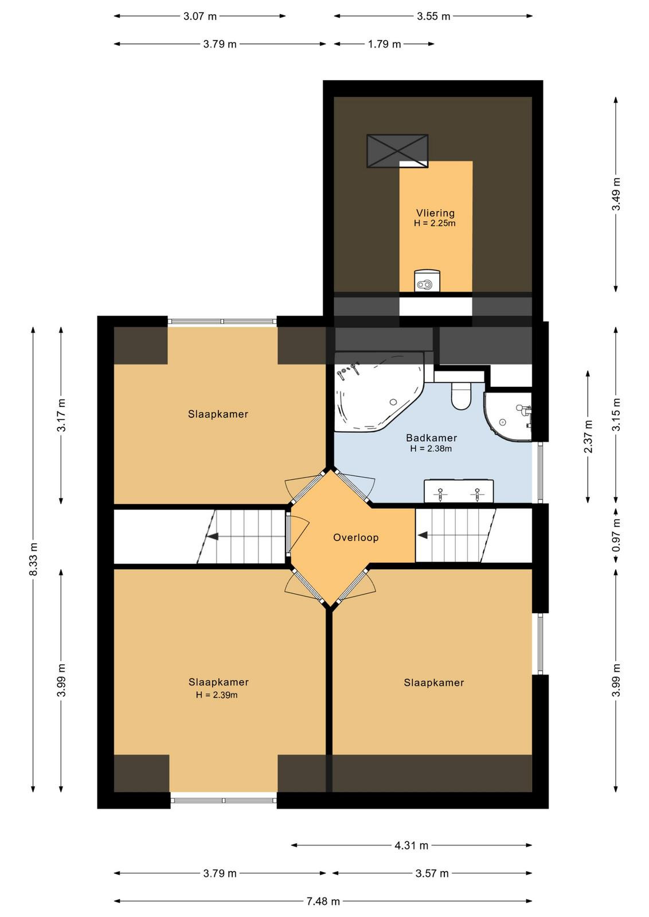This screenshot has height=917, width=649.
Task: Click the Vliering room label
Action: pos(435,213)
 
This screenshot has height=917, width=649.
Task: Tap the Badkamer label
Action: pos(431,438)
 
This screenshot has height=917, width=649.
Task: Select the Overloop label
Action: pos(355,538)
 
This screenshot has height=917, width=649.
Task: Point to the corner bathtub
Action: pos(374,393)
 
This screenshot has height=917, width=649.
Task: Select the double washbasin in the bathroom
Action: pos(458,491)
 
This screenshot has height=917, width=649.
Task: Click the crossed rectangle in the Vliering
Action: pos(397,150)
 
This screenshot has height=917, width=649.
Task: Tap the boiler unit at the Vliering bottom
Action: pos(427,280)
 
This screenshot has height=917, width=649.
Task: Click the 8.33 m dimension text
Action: pos(34,559)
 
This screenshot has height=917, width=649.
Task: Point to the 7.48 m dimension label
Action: pos(323,901)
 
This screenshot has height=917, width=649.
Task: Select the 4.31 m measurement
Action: pos(411,845)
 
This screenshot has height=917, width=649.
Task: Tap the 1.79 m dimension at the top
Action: pos(384,44)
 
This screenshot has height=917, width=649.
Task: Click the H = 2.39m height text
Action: pos(217,695)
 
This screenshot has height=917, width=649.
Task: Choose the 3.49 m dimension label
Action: pos(616,194)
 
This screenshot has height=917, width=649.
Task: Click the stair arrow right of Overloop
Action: pos(423,535)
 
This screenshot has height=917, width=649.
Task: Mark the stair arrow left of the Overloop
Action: pos(212,536)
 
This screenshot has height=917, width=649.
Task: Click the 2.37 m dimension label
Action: pos(588,436)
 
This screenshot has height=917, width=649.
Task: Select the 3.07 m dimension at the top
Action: pos(200,17)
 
